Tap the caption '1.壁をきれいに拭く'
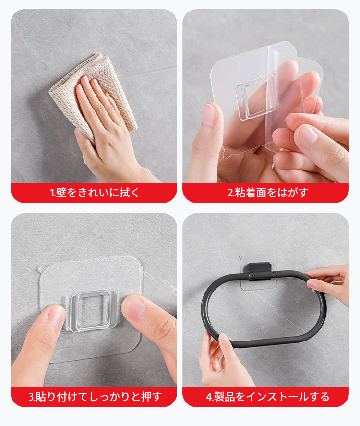pos(94,193)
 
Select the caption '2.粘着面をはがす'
pos(268,193)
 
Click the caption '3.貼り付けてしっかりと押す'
pos(95,397)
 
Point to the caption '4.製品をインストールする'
pos(268,397)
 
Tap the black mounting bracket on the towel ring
pos(258,271)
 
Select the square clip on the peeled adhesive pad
pos(255,98)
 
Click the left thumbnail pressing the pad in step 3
pos(56,317)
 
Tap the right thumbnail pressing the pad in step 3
pos(135,308)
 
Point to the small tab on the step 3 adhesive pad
pos(42,268)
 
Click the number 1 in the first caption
pos(52,193)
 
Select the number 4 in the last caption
pos(209,397)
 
